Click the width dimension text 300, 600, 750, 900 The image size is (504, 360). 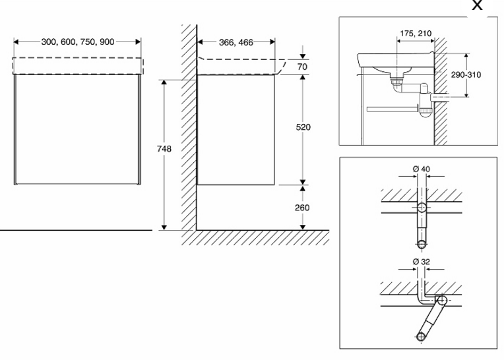[x=78, y=42]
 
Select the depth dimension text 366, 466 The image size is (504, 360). [x=236, y=42]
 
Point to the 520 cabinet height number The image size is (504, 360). [x=303, y=127]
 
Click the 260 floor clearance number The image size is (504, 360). [x=303, y=207]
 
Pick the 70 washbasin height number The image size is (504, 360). [x=303, y=67]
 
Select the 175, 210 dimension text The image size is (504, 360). [x=415, y=32]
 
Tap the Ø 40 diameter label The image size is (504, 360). [x=422, y=170]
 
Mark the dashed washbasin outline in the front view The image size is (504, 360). [x=78, y=65]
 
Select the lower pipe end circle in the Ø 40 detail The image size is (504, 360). [x=422, y=243]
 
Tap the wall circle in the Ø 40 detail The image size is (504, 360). [x=422, y=208]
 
